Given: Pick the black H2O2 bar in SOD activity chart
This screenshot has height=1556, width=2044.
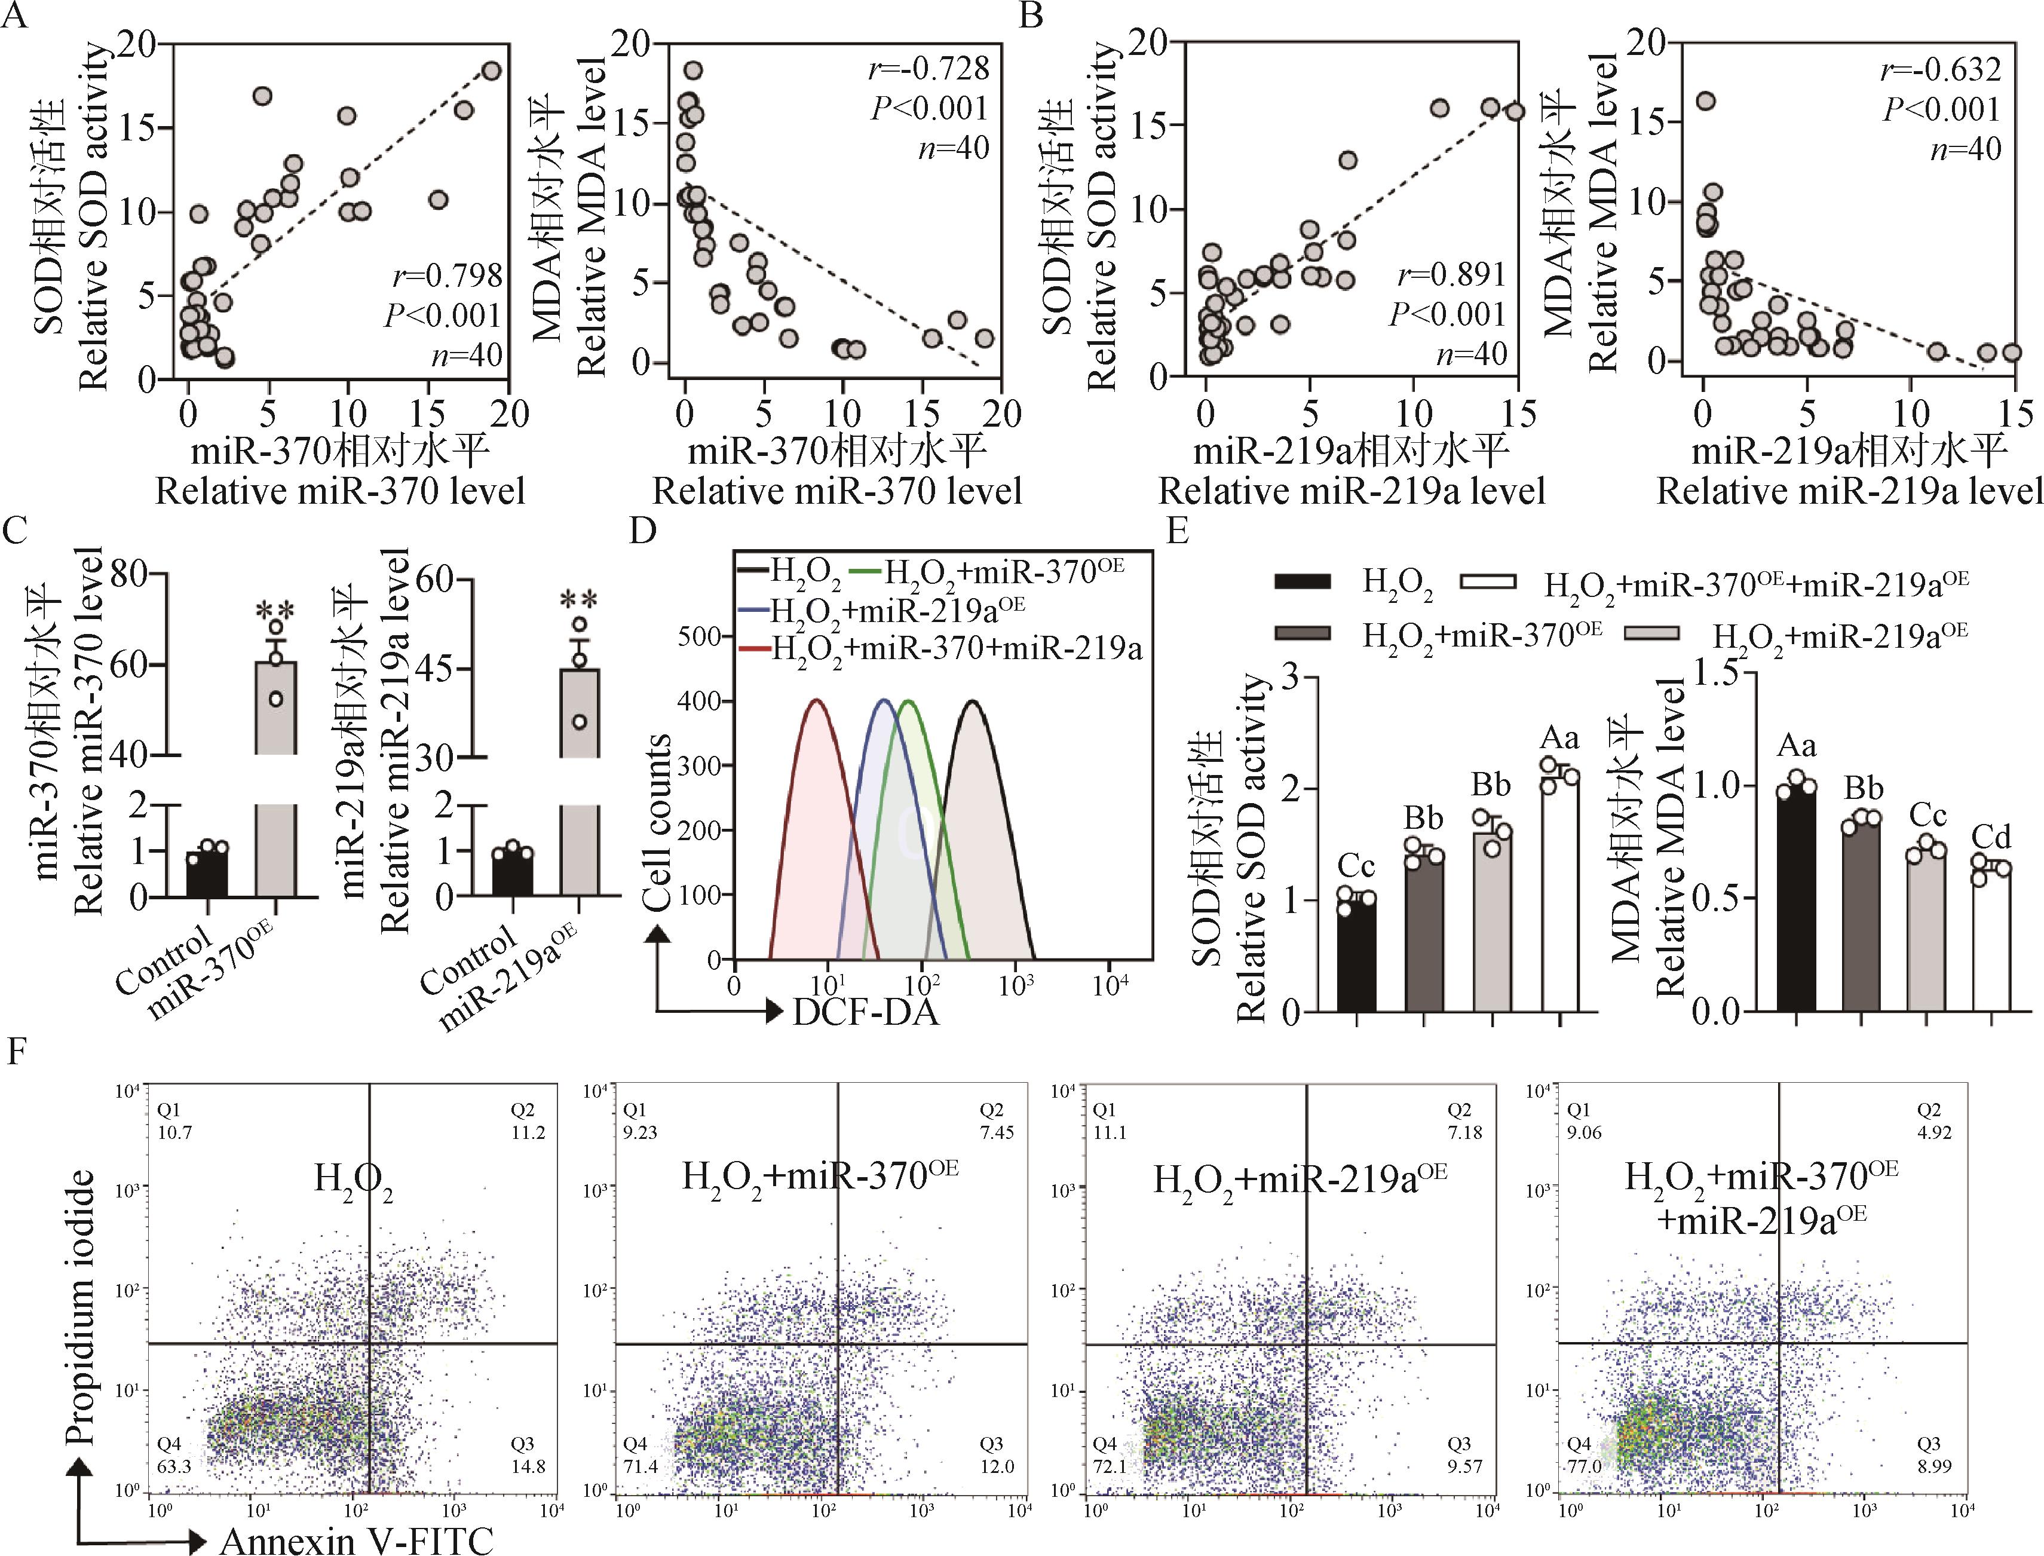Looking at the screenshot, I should pyautogui.click(x=1356, y=954).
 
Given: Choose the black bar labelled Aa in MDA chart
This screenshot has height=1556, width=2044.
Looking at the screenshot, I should pyautogui.click(x=1796, y=899).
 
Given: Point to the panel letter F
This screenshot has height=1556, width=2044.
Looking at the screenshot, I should pyautogui.click(x=15, y=1054).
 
